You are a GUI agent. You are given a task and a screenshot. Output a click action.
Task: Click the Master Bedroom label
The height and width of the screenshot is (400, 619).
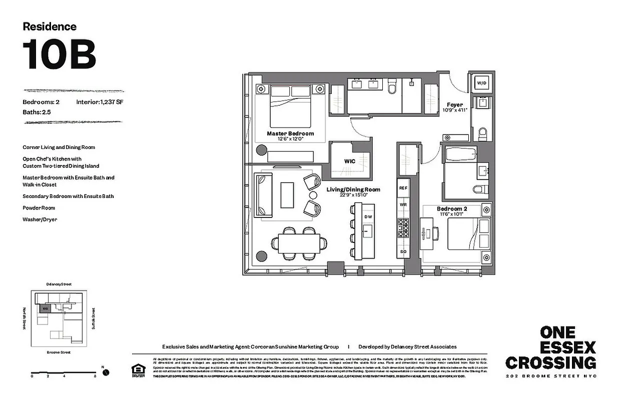point(290,133)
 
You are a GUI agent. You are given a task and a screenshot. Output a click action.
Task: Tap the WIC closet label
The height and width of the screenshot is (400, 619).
point(350,161)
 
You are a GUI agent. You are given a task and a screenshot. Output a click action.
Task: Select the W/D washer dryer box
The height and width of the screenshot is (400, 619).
point(481,82)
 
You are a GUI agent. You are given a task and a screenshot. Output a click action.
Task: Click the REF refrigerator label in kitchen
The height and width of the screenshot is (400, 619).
point(403,188)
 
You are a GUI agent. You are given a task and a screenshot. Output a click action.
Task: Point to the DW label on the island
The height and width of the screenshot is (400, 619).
point(368,216)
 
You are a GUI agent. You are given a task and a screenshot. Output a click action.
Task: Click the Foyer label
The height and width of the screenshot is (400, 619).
point(454,105)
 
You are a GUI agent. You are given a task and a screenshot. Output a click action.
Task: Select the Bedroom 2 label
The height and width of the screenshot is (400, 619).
point(451,208)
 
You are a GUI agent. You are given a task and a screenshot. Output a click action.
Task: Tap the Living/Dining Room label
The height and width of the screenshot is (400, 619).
point(353,189)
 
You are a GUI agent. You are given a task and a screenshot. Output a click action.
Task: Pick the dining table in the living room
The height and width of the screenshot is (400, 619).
point(299,244)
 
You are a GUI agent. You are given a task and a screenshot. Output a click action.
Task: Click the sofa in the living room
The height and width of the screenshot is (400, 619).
point(264,194)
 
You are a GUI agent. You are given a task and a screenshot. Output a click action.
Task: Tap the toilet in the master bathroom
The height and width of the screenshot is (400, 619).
point(392,87)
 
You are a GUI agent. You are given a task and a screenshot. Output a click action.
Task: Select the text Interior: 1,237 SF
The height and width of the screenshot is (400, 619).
point(100,102)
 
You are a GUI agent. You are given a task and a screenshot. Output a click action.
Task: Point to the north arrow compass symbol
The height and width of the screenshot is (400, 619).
point(106,372)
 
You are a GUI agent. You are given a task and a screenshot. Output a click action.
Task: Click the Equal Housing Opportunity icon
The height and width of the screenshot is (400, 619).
point(136,370)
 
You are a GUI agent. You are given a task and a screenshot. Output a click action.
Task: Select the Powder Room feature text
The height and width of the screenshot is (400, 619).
point(39,207)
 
